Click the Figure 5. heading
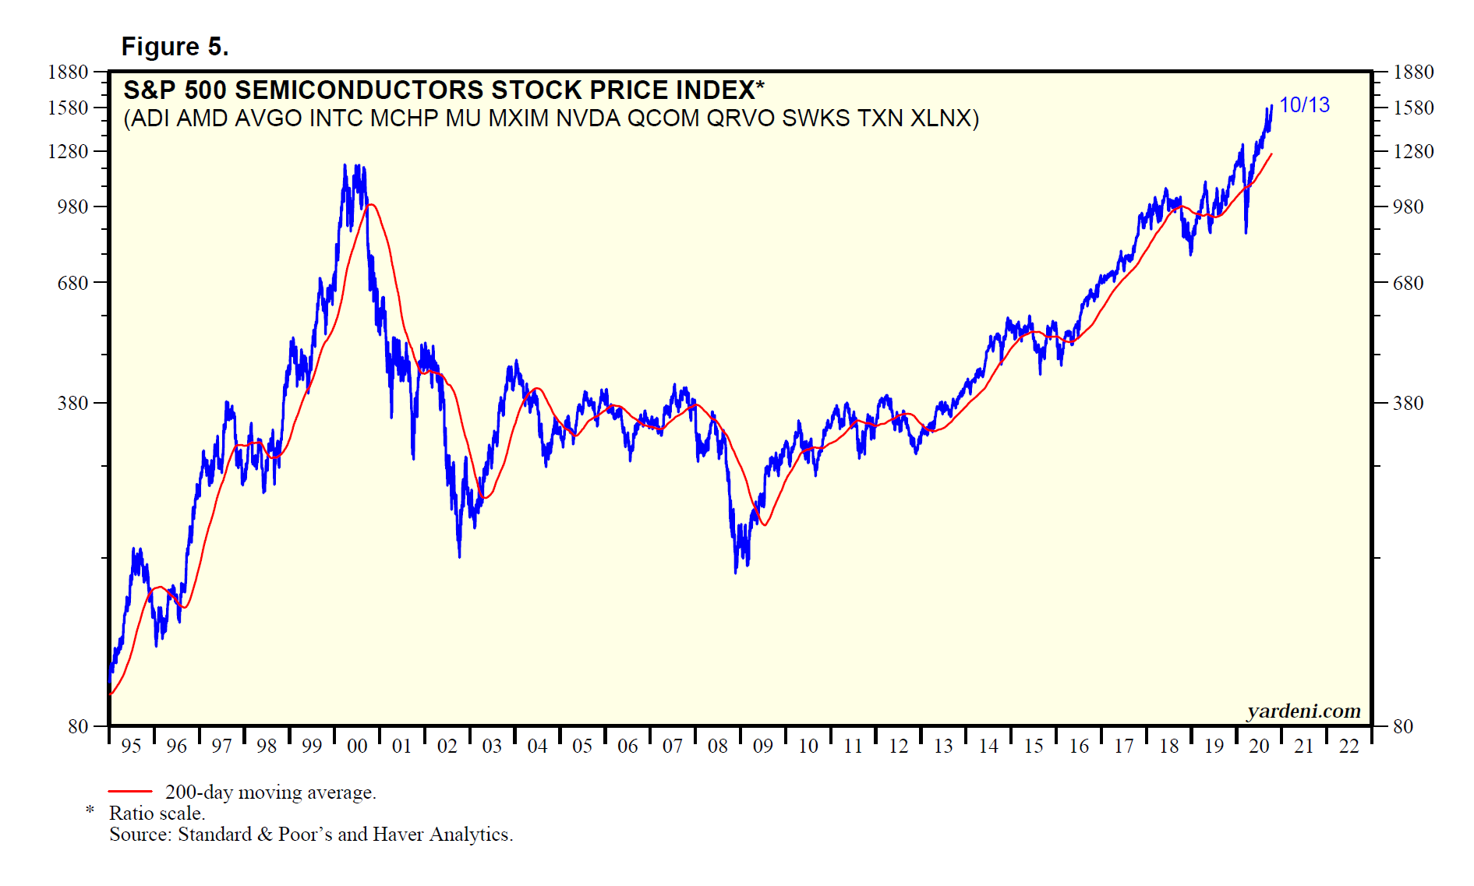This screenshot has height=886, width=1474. [175, 47]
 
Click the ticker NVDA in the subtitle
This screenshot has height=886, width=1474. [588, 118]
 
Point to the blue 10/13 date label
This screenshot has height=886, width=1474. [1304, 105]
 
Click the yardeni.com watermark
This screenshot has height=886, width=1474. [1303, 711]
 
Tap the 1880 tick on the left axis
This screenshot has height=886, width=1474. [68, 72]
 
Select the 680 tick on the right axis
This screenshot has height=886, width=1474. [1408, 283]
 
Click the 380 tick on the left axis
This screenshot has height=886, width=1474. [73, 403]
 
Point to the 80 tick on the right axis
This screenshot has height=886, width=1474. [1402, 726]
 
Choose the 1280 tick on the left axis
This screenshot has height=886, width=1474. [68, 151]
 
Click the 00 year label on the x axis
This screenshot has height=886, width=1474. [357, 747]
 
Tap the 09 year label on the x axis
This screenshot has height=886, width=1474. [762, 747]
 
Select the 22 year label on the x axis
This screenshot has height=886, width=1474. [1349, 747]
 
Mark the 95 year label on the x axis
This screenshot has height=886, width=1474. [131, 747]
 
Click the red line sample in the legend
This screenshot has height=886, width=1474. [129, 792]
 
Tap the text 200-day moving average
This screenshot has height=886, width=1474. [270, 792]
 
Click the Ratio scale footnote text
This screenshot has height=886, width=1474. [157, 814]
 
